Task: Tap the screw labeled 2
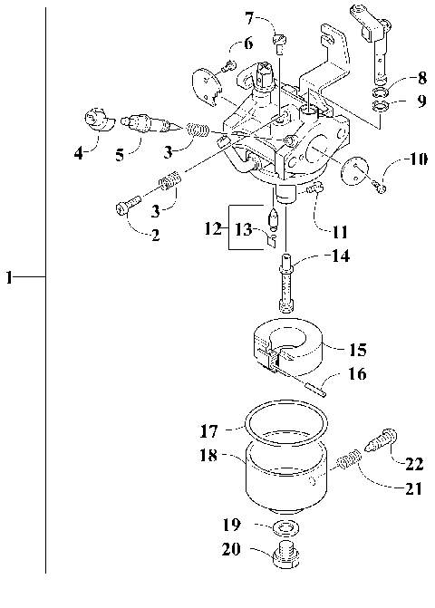pyautogui.click(x=125, y=207)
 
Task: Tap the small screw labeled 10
pyautogui.click(x=382, y=186)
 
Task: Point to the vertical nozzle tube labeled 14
pyautogui.click(x=286, y=281)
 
